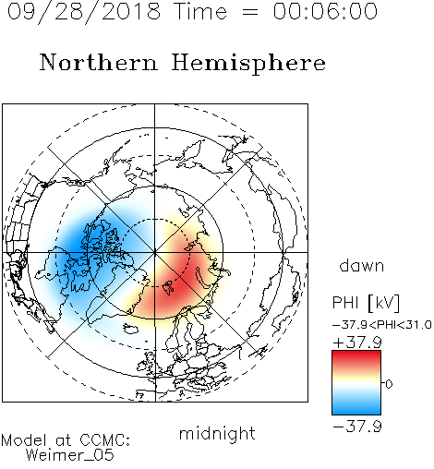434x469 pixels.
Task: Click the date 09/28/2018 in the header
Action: click(83, 12)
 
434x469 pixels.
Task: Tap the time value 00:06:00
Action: click(325, 11)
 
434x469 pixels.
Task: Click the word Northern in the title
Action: click(99, 63)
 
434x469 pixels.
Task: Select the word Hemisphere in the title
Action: click(248, 64)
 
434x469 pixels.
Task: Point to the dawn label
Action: click(362, 265)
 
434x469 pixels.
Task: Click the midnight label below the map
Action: click(217, 435)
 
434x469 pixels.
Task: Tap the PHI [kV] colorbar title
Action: click(367, 303)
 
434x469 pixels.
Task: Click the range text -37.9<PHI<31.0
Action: click(382, 325)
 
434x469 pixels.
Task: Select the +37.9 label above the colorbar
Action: click(357, 343)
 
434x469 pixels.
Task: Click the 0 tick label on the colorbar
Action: click(389, 384)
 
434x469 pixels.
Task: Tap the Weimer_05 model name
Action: click(69, 455)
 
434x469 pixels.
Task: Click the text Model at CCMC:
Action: click(66, 440)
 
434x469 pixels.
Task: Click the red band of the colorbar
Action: click(356, 357)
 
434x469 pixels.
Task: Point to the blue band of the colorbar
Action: click(356, 408)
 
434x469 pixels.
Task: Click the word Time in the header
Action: click(200, 12)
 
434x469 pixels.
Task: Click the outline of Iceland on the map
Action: click(131, 329)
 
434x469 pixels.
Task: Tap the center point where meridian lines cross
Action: click(155, 253)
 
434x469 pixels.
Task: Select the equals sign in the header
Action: click(250, 13)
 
